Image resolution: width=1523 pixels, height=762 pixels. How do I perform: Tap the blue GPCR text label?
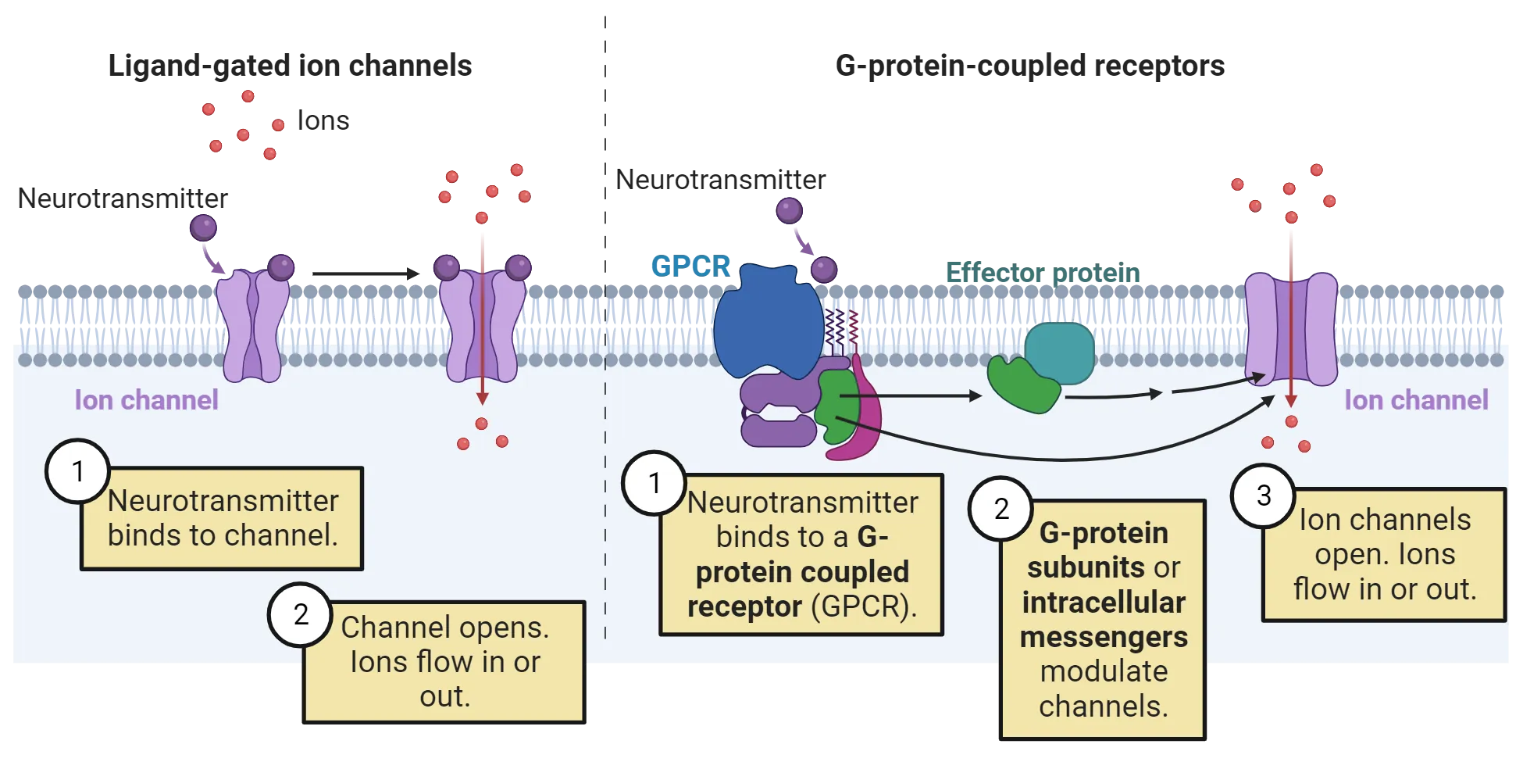click(690, 267)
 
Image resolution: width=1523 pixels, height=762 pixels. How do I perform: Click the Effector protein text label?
click(1043, 272)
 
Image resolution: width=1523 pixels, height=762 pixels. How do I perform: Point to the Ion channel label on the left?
click(146, 400)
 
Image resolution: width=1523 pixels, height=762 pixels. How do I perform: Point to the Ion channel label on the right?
click(1416, 400)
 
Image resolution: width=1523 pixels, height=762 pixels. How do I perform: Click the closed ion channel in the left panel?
click(252, 324)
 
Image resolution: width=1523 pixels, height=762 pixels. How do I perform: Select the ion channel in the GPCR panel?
click(1290, 328)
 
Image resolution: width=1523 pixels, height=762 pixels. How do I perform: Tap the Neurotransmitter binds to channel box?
click(222, 518)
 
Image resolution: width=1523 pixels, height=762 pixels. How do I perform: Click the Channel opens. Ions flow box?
click(444, 661)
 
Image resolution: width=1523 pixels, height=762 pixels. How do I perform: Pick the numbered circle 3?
click(1263, 495)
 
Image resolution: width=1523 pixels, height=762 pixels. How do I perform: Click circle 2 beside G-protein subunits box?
click(1000, 509)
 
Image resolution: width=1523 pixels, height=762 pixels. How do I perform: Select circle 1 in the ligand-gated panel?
click(77, 471)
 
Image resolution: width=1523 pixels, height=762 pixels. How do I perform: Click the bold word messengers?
click(1104, 637)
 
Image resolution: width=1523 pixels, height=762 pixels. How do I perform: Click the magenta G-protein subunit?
click(863, 422)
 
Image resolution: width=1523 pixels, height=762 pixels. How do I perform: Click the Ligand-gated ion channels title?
click(289, 66)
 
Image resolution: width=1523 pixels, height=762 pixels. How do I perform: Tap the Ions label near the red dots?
click(322, 120)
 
